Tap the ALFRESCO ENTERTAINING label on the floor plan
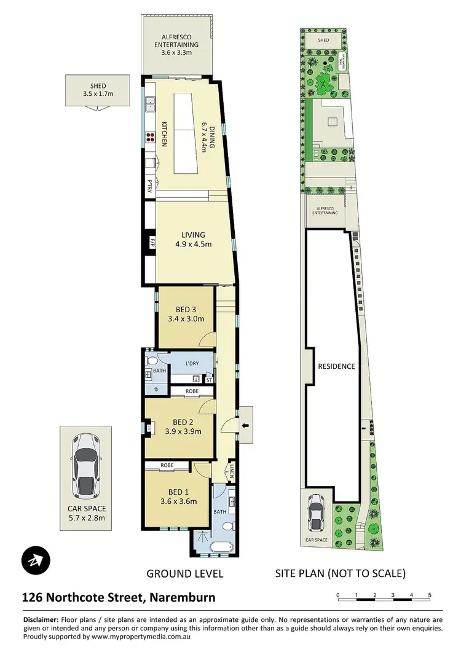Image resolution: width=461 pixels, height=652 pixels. [176, 44]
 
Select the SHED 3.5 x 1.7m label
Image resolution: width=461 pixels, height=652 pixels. [98, 90]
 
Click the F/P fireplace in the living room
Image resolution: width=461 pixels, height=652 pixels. [148, 243]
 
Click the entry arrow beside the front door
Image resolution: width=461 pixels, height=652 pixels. [246, 425]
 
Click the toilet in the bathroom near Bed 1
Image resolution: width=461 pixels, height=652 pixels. [227, 525]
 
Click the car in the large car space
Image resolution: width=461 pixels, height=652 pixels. [85, 466]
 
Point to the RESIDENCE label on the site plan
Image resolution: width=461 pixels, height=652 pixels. [336, 366]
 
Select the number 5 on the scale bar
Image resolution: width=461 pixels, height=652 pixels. [430, 595]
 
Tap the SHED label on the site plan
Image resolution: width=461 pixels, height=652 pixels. [323, 40]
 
